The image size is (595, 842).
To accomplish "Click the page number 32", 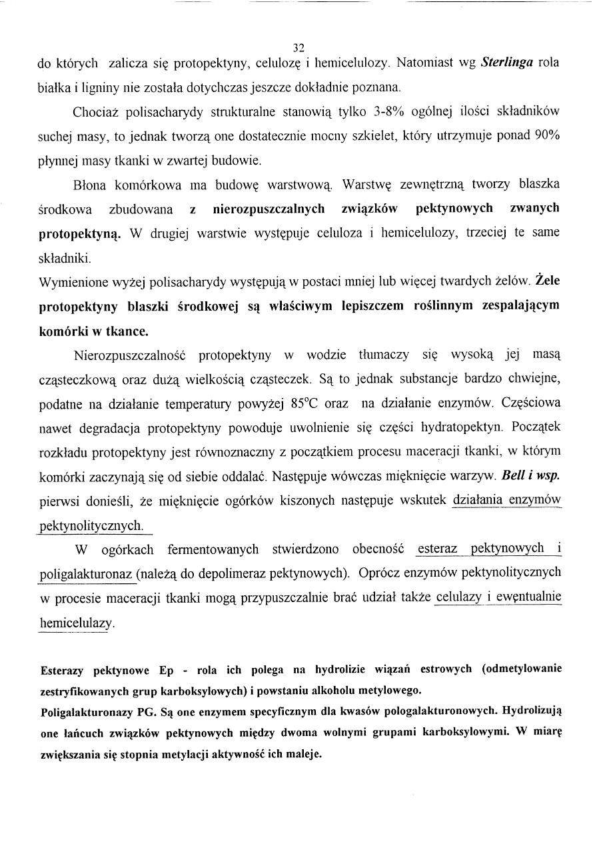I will (298, 47).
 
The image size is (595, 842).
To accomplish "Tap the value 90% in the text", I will (547, 135).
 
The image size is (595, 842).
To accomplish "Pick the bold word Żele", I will (547, 281).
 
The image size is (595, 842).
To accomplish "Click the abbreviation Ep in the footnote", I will (166, 669).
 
